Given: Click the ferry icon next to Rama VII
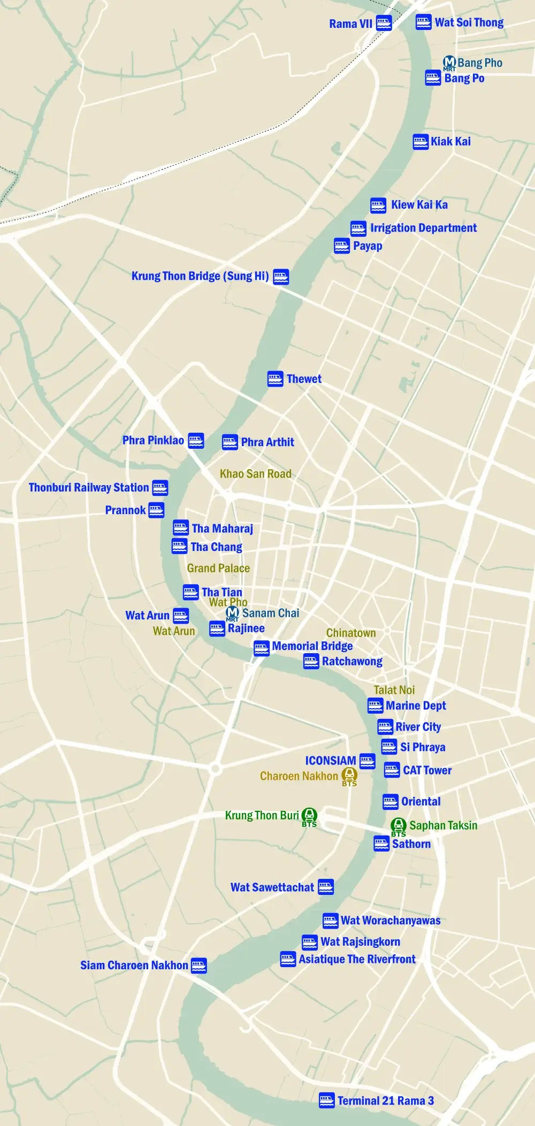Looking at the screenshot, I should click(x=384, y=23).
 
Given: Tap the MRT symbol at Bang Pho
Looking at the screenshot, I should click(x=449, y=63).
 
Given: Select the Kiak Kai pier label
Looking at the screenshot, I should click(x=450, y=141).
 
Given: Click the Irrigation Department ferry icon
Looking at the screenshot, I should click(x=358, y=228).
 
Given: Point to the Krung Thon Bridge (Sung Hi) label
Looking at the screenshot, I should click(x=200, y=276).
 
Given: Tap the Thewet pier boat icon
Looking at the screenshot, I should click(x=275, y=379).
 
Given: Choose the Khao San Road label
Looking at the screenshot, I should click(x=256, y=473).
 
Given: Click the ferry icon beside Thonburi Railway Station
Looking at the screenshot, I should click(x=160, y=487).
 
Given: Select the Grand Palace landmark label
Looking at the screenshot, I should click(x=218, y=568).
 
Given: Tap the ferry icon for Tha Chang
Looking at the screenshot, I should click(x=179, y=547).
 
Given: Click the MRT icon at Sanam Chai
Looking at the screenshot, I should click(x=233, y=612).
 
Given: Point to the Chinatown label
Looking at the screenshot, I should click(x=351, y=633).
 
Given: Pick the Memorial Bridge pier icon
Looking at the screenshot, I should click(x=261, y=648).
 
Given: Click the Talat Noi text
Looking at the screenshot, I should click(x=394, y=690).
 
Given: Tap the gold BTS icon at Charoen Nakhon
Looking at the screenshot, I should click(x=349, y=774).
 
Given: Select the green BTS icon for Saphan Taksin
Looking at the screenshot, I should click(x=399, y=825).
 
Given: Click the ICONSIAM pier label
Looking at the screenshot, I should click(x=331, y=760).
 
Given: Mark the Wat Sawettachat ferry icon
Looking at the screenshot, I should click(x=326, y=887).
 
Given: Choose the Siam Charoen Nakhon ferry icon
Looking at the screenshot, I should click(x=199, y=966).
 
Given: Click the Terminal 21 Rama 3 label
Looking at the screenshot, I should click(x=385, y=1100).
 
